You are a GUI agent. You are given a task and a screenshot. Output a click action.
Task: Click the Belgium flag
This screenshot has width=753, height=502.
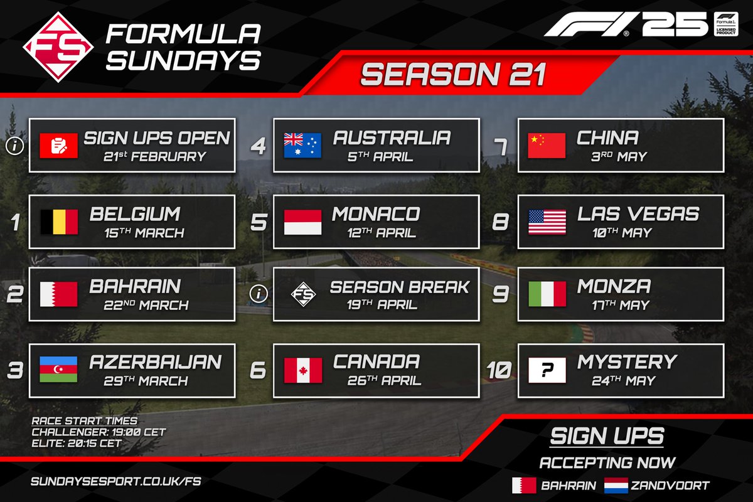pos(58,222)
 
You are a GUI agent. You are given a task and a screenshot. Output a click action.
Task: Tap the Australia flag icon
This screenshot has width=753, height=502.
pos(302,146)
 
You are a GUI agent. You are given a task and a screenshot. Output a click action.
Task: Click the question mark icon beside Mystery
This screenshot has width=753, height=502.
pos(547,370)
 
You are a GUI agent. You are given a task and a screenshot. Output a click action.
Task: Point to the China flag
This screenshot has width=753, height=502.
pos(547,146)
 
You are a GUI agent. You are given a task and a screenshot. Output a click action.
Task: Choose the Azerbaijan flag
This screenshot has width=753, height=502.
pos(58,369)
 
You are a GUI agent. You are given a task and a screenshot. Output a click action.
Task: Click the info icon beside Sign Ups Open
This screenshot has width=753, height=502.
pos(14,146)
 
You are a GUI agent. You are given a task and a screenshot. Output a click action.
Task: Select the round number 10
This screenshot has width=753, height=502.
pos(499,370)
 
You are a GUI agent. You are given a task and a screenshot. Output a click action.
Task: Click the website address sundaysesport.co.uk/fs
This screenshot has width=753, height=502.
pos(115,482)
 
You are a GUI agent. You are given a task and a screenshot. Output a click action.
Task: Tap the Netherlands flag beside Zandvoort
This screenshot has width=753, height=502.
pos(617,485)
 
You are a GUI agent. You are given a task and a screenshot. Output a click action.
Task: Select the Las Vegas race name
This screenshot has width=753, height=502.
pos(638,213)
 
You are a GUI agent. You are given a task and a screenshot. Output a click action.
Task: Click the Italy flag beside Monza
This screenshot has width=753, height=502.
pos(547,294)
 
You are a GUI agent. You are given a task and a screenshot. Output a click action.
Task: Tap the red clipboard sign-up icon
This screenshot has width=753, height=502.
pos(58,146)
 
